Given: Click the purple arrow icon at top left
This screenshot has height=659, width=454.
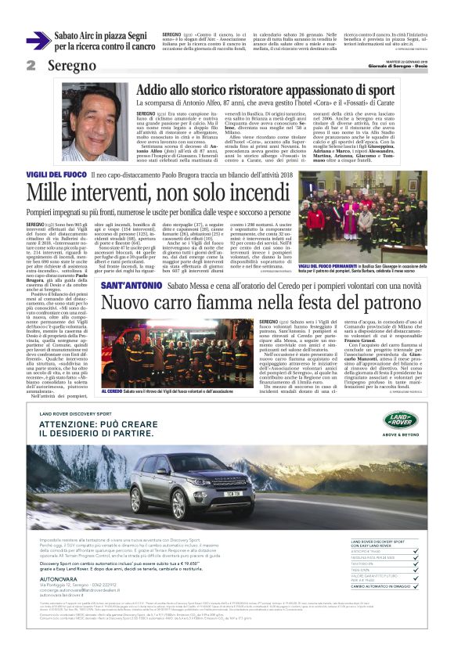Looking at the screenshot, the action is (x=38, y=41).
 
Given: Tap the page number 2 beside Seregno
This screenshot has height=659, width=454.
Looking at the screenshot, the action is (x=31, y=65).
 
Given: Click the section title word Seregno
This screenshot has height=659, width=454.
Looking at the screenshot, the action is (x=71, y=66).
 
